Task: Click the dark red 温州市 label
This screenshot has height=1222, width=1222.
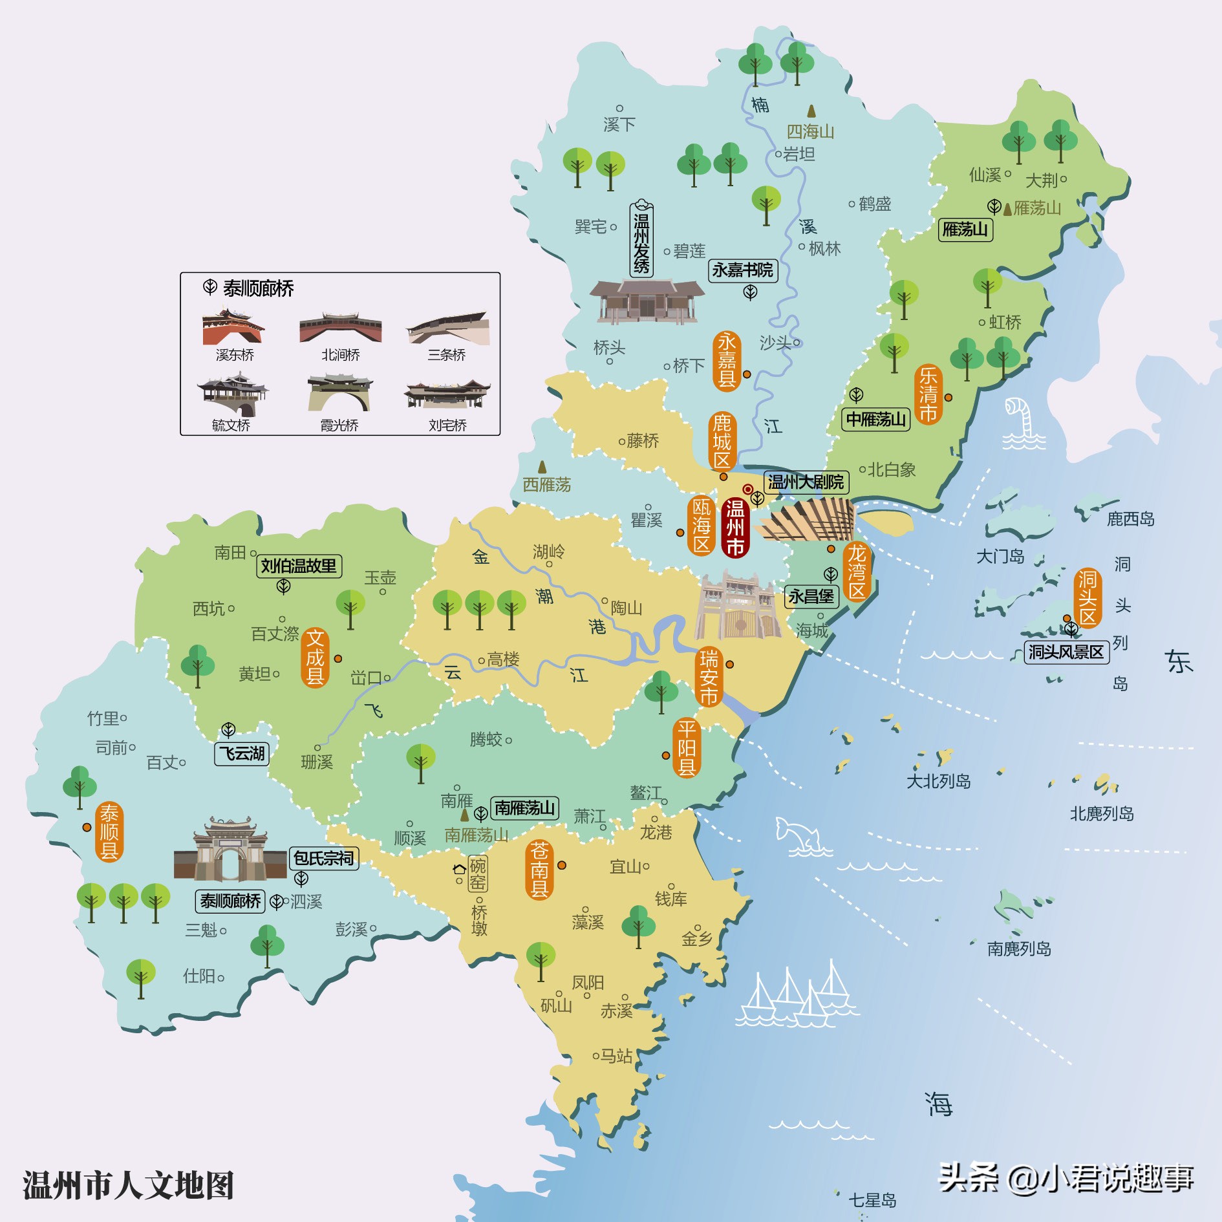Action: click(x=735, y=528)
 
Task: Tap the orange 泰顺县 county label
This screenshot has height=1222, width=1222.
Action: click(x=109, y=831)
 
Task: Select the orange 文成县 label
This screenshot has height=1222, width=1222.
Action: click(x=315, y=657)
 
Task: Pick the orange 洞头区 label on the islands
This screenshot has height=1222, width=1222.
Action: click(x=1088, y=597)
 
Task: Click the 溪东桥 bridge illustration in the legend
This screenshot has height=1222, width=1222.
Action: click(x=233, y=327)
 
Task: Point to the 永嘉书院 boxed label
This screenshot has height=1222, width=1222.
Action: click(x=743, y=270)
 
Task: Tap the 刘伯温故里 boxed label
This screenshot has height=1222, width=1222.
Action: click(x=299, y=566)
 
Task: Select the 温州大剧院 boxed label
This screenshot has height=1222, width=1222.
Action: click(x=806, y=482)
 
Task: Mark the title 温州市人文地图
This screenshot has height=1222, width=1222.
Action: click(x=128, y=1184)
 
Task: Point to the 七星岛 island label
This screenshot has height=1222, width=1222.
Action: click(x=872, y=1201)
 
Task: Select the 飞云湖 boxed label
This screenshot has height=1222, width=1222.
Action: click(x=242, y=753)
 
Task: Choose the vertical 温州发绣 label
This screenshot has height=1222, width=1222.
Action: click(x=641, y=239)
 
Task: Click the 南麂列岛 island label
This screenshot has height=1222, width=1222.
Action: click(x=1018, y=949)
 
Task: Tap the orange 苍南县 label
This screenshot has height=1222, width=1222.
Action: click(x=539, y=870)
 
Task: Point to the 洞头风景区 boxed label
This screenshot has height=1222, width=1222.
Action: click(x=1066, y=652)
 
